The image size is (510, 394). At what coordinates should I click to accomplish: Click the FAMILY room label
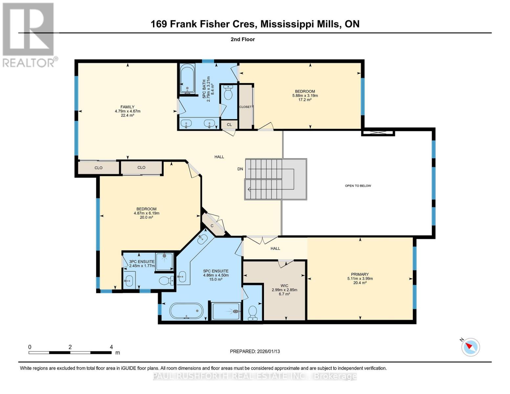coord(127,107)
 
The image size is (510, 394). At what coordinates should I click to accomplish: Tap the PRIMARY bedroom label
coord(360,274)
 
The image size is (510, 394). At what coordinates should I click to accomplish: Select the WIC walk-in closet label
coord(284,286)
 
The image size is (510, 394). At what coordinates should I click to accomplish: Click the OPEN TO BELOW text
coord(358,186)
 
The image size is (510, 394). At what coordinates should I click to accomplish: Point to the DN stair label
coord(240,169)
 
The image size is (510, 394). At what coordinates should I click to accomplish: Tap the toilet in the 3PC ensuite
coord(166,281)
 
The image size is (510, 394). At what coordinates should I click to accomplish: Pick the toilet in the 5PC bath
coord(228,93)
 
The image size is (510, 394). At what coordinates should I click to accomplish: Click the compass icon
coord(471,347)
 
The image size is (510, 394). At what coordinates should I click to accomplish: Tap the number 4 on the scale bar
coord(111,347)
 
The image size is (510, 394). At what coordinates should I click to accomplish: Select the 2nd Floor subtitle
coord(243,39)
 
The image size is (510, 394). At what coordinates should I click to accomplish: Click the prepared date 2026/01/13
coord(255,351)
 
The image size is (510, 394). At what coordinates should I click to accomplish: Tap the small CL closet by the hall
coord(229,125)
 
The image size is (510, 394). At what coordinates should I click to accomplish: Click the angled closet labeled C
coord(212,226)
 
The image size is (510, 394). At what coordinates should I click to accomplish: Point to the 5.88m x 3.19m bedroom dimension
coord(305,96)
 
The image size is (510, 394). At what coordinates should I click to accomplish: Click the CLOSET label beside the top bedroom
coord(245,107)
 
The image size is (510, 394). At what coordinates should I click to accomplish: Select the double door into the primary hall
coord(262,240)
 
